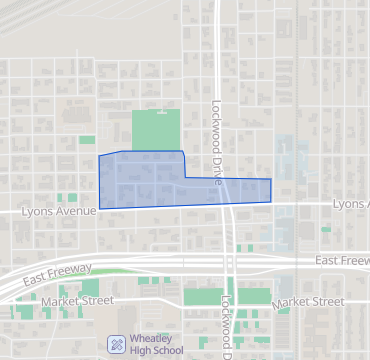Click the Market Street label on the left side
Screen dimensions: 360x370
click(74, 299)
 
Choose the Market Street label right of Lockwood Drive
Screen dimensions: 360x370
click(307, 301)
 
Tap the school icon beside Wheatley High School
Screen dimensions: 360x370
click(116, 343)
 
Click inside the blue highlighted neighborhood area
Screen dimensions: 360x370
click(150, 180)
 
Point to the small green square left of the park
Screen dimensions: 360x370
click(87, 139)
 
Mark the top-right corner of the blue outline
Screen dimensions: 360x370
click(271, 180)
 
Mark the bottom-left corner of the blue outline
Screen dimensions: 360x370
click(99, 208)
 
